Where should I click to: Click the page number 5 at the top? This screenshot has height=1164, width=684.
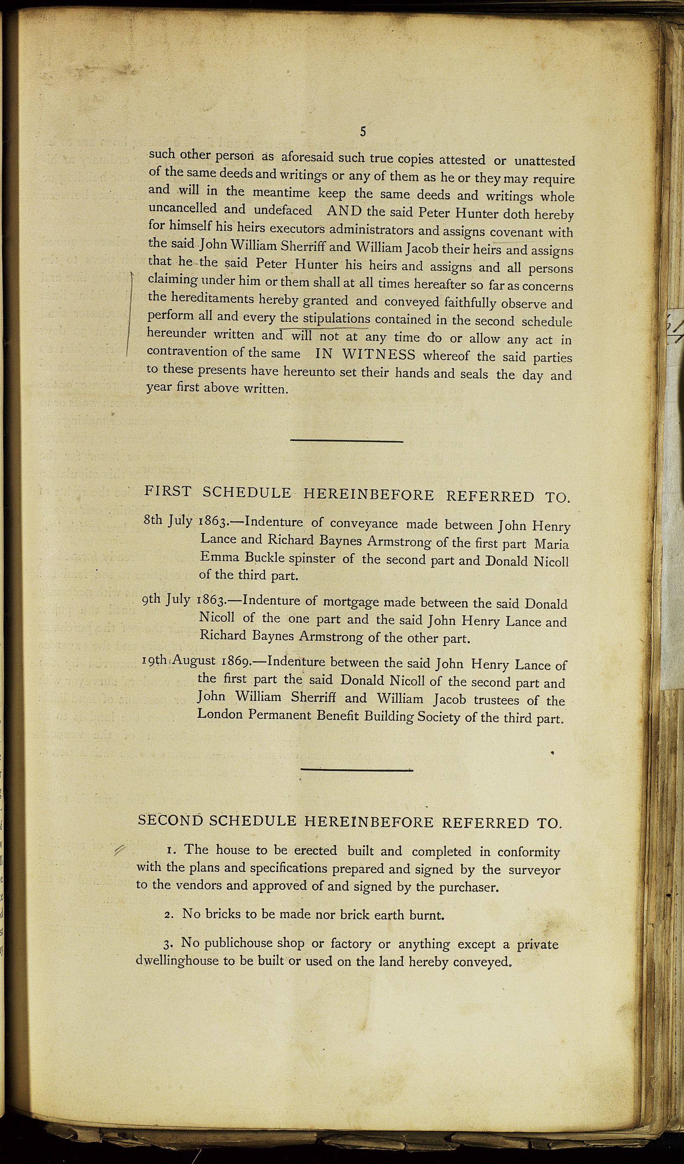click(363, 132)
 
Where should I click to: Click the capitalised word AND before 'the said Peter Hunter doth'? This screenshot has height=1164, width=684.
click(344, 211)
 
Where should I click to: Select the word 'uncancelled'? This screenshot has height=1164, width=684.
click(182, 208)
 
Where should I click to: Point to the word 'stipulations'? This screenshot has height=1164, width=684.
click(336, 318)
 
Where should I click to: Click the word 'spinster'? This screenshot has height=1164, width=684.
click(312, 558)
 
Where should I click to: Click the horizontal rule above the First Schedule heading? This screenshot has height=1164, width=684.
click(347, 441)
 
